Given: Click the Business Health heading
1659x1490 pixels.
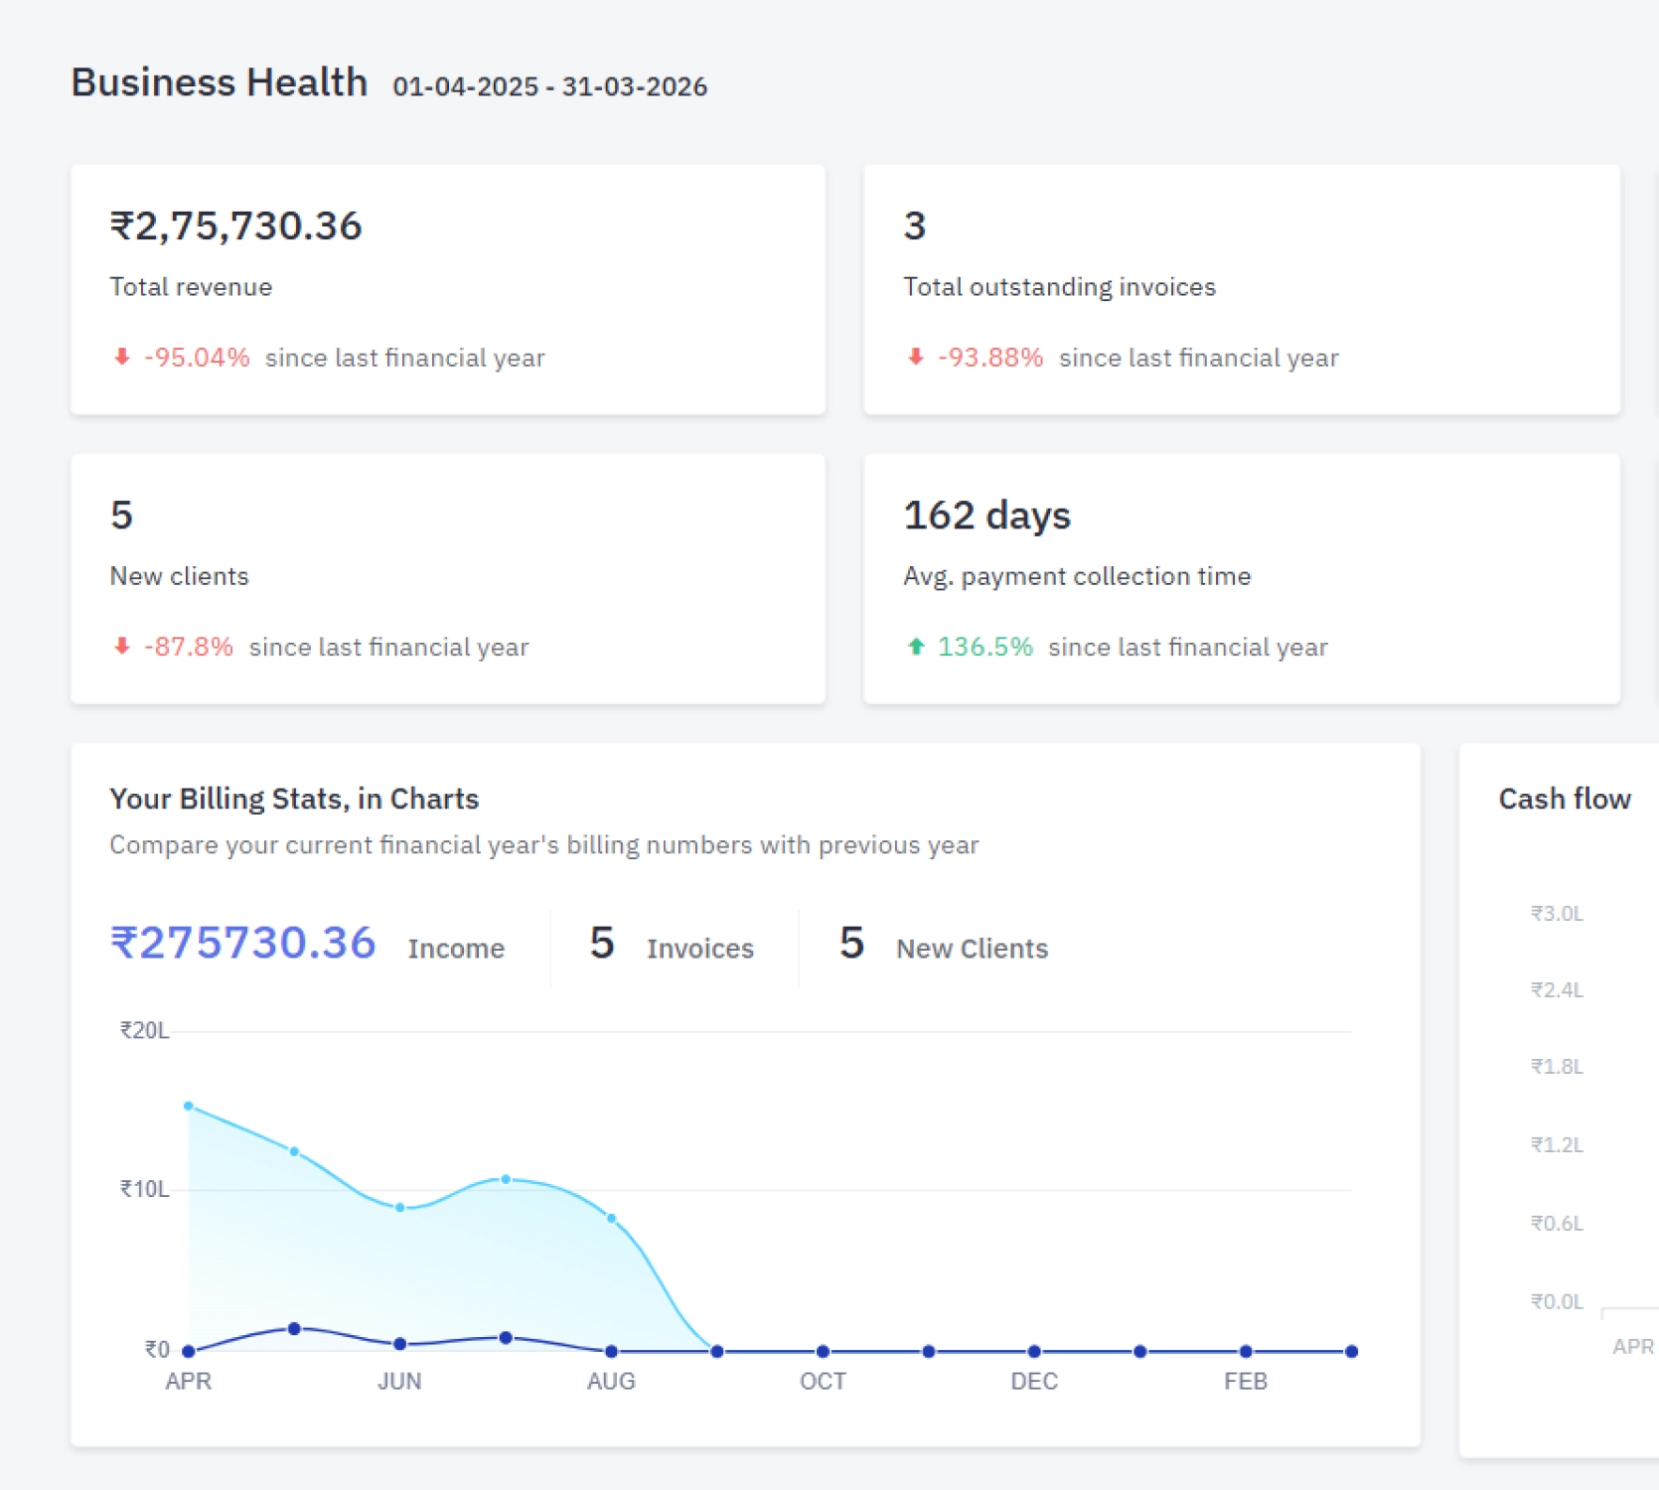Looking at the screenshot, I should (219, 82).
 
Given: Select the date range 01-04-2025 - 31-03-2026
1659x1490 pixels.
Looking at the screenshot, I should (549, 87).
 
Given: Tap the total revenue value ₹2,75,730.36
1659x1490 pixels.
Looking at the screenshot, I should (235, 226).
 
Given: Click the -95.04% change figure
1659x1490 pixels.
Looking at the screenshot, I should (197, 358).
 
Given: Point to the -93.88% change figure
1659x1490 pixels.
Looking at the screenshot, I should (990, 358).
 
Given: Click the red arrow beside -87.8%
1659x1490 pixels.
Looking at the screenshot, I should (122, 647).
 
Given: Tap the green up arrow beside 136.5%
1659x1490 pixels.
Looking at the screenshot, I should (916, 647).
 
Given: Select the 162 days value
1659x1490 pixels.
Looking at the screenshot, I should (986, 516).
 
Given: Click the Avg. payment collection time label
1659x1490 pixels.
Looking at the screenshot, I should (1076, 576).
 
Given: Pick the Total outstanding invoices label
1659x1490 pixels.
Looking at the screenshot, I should (1059, 287).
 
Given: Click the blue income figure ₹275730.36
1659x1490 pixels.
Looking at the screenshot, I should (243, 944).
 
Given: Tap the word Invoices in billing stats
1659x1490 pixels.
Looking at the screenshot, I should (699, 950).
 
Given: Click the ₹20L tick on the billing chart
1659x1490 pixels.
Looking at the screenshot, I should (145, 1031).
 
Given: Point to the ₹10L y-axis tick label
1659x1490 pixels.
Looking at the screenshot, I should (145, 1190).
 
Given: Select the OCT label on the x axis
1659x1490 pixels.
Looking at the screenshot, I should (823, 1382).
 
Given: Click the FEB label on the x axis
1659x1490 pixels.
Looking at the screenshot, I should (1245, 1382).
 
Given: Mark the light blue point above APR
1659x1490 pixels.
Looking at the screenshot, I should (189, 1106).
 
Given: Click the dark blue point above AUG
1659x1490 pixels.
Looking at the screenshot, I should (611, 1351).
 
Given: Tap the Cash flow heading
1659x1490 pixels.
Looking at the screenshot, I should (1564, 800).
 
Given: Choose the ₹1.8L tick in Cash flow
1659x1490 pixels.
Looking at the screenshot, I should (1557, 1067).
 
